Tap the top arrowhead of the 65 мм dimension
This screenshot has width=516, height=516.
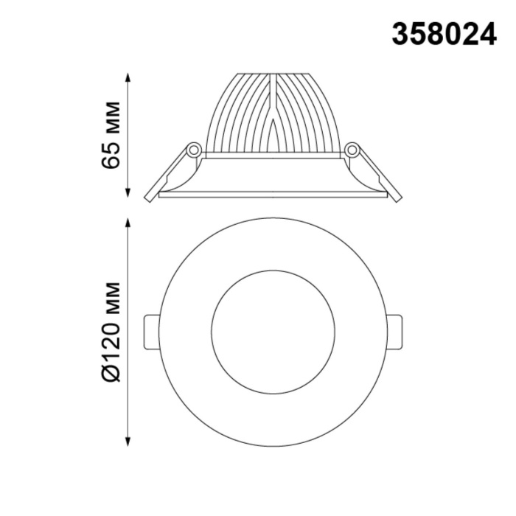[x=130, y=76]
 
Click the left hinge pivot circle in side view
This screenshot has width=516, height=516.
[x=194, y=150]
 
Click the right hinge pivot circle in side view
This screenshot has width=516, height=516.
[x=352, y=150]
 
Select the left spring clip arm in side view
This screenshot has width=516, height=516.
[x=168, y=173]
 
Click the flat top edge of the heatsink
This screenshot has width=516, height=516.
[x=273, y=73]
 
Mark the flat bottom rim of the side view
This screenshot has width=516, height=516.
[x=273, y=196]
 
